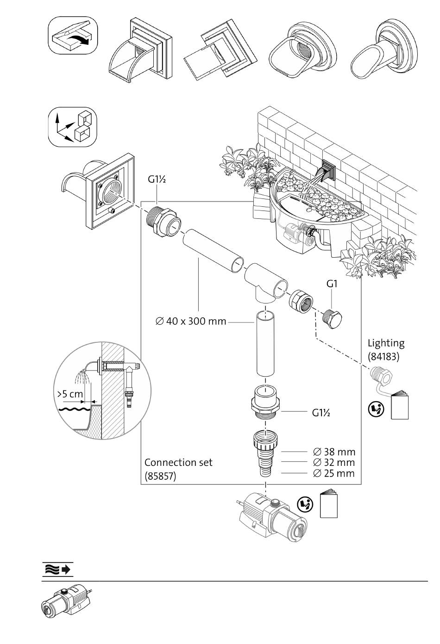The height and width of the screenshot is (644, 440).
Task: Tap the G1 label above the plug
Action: [x=331, y=284]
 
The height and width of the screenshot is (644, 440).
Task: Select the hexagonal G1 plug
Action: [x=332, y=319]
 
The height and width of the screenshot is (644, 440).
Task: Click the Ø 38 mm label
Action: [x=334, y=452]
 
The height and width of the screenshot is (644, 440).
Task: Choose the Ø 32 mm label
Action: [x=334, y=462]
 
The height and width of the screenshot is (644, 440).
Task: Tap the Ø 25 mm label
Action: [x=334, y=473]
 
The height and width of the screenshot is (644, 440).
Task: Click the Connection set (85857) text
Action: [x=178, y=469]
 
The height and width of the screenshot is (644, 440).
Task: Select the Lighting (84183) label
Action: [x=386, y=349]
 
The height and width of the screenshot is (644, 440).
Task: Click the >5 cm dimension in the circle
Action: [x=70, y=395]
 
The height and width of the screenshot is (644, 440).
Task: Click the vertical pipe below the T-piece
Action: [x=265, y=344]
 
